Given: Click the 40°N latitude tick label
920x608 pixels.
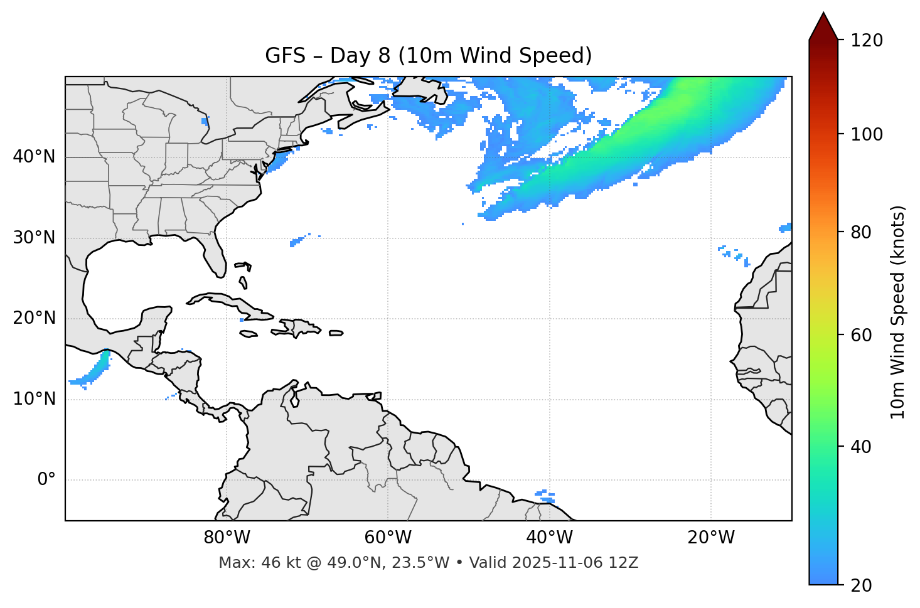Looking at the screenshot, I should coord(34,157).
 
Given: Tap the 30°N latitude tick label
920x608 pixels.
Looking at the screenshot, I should coord(34,238).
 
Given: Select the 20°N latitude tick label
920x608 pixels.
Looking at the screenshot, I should coord(34,318).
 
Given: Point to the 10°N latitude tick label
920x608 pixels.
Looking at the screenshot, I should coord(34,399).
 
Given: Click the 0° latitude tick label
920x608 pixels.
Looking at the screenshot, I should coord(46,480).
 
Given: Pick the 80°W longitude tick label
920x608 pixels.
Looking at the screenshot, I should coord(227,538).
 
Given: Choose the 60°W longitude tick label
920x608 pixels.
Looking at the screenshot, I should coord(388,538).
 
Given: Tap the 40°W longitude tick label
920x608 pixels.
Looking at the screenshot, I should coord(550,538).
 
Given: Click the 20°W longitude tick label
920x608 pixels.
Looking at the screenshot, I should coord(711,538).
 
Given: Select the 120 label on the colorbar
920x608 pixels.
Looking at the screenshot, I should coord(866,40).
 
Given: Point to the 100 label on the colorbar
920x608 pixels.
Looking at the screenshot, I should coord(866,134).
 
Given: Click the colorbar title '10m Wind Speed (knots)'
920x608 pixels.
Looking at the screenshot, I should coord(898,312).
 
